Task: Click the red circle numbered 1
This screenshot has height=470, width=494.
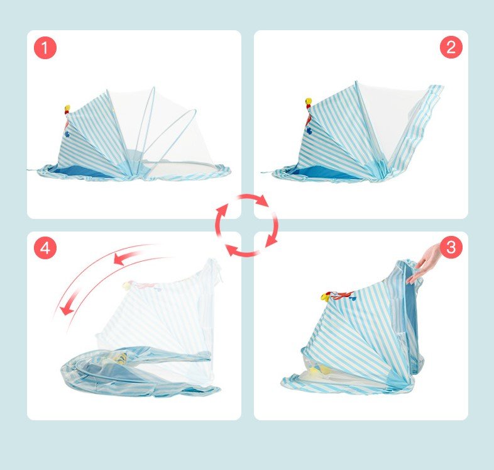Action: (x=45, y=48)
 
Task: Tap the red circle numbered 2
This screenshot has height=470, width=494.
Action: (x=451, y=47)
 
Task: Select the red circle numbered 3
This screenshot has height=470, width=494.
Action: (x=451, y=247)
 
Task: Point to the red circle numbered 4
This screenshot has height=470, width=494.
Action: (x=45, y=248)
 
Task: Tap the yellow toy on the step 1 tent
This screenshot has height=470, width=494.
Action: (x=67, y=109)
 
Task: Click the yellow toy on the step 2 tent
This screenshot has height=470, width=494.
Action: (x=309, y=102)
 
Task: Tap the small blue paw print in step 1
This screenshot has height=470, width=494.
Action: (x=67, y=134)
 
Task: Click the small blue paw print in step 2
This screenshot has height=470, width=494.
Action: (x=309, y=130)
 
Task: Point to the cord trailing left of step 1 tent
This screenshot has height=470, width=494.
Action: (x=33, y=171)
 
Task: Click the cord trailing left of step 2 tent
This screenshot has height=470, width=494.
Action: (x=267, y=172)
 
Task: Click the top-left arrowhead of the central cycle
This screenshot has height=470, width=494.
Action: (x=223, y=209)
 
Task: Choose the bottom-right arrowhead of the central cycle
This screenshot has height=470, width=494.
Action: (x=272, y=242)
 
